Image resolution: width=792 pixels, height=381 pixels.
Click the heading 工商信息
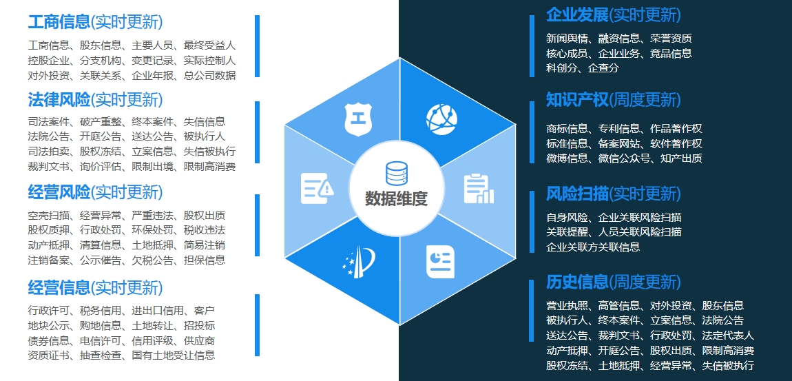click(x=59, y=22)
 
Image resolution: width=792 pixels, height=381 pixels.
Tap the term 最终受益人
click(x=209, y=45)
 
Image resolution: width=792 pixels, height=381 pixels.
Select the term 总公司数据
click(x=209, y=76)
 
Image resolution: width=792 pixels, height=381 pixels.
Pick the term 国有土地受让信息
click(x=174, y=356)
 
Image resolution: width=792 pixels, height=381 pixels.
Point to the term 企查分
click(x=603, y=68)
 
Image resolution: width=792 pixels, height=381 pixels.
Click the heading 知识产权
click(x=577, y=100)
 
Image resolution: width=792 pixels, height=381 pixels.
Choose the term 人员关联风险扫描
click(x=640, y=232)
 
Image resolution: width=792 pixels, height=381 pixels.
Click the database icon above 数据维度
click(x=396, y=174)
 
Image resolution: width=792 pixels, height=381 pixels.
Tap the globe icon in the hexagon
click(x=441, y=119)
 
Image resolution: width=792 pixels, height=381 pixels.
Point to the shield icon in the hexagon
click(x=358, y=119)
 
